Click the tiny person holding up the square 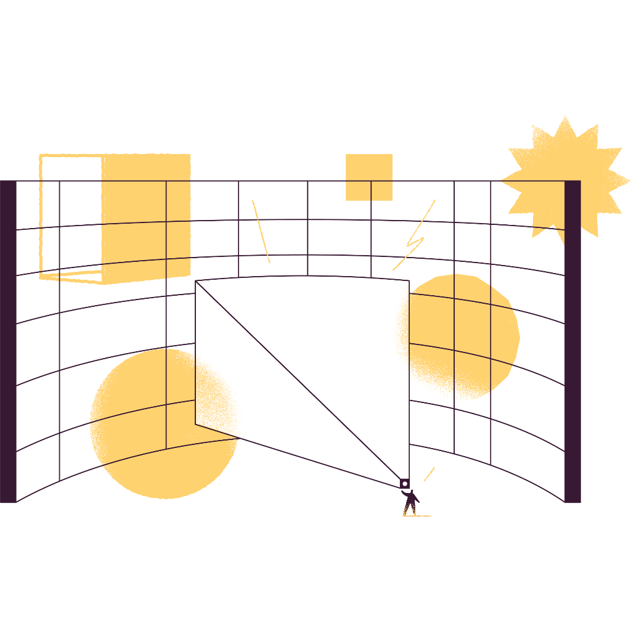[410, 502]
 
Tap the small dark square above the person [404, 483]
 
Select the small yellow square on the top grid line [369, 177]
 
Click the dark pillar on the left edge [8, 342]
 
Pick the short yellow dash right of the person [429, 474]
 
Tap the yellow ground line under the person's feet [417, 515]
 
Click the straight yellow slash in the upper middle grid [261, 231]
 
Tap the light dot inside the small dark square [404, 483]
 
